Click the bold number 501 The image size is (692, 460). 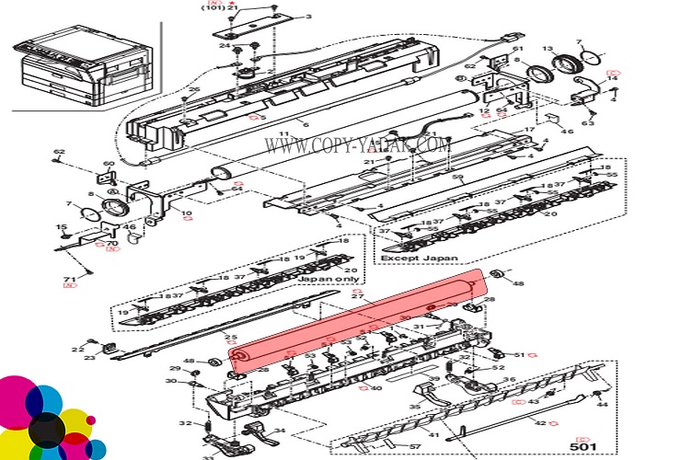pyautogui.click(x=582, y=446)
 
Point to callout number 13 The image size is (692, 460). pyautogui.click(x=547, y=49)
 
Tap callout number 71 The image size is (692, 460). pyautogui.click(x=68, y=277)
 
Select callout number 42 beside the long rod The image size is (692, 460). pyautogui.click(x=540, y=423)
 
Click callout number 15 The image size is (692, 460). pyautogui.click(x=62, y=227)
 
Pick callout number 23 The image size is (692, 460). pyautogui.click(x=89, y=358)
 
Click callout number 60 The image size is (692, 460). pyautogui.click(x=108, y=164)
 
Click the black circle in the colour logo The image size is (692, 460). pyautogui.click(x=47, y=430)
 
